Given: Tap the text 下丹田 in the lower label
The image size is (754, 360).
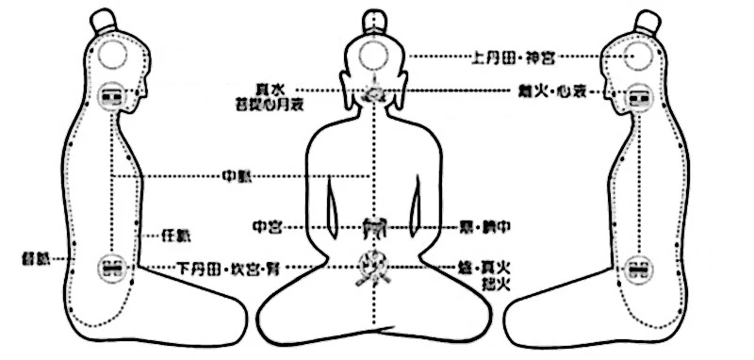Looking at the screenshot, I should (x=200, y=268).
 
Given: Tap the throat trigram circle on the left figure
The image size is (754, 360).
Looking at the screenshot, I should (x=114, y=95).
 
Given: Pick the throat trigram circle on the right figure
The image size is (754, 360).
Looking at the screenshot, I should (x=641, y=95).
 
